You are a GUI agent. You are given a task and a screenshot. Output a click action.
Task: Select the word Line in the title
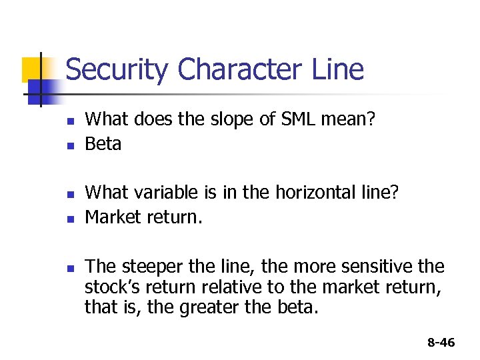coord(341,70)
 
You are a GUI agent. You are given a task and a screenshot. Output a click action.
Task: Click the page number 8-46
coord(441,343)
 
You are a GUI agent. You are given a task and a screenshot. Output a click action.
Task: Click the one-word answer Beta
coord(103,144)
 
